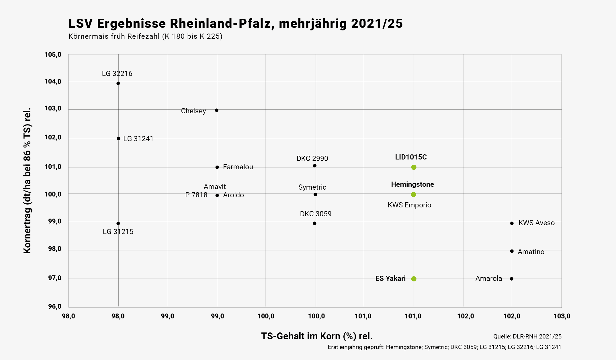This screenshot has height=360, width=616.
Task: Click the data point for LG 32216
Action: pyautogui.click(x=118, y=83)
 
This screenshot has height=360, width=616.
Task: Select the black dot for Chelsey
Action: pyautogui.click(x=217, y=110)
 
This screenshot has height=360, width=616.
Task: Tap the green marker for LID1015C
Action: pyautogui.click(x=414, y=167)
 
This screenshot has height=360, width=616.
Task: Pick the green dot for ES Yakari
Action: pyautogui.click(x=414, y=279)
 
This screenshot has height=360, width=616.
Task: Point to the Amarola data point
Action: pyautogui.click(x=512, y=279)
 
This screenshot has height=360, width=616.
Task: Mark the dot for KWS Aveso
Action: pyautogui.click(x=512, y=223)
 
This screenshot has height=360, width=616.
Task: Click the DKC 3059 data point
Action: pyautogui.click(x=314, y=223)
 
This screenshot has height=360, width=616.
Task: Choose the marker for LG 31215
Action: pyautogui.click(x=118, y=223)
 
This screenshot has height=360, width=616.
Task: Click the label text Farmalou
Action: pyautogui.click(x=238, y=167)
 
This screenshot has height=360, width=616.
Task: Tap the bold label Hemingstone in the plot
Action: pyautogui.click(x=412, y=184)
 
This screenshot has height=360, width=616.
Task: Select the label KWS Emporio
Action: pyautogui.click(x=409, y=205)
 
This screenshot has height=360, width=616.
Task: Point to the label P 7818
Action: pyautogui.click(x=196, y=195)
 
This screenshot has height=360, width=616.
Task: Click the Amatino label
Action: pyautogui.click(x=531, y=252)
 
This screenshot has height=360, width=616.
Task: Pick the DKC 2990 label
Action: pyautogui.click(x=312, y=159)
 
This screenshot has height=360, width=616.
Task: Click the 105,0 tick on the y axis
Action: pyautogui.click(x=53, y=55)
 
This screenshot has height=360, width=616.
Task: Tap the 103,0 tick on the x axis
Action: pyautogui.click(x=562, y=316)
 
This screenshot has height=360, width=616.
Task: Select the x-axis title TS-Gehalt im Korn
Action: pyautogui.click(x=316, y=336)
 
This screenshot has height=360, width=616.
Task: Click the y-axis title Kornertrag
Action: pyautogui.click(x=27, y=181)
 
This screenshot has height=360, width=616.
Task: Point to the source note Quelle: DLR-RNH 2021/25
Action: pyautogui.click(x=527, y=336)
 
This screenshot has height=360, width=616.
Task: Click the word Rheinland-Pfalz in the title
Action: pyautogui.click(x=220, y=24)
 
